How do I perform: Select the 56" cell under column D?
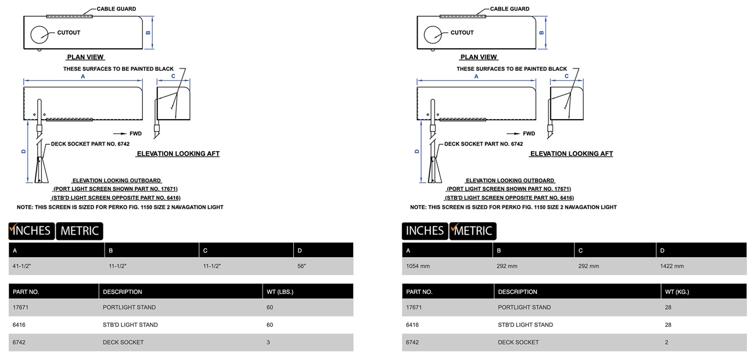tap(301, 266)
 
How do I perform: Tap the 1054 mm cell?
tap(418, 266)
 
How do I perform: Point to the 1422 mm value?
tap(672, 266)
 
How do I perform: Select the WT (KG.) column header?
tap(677, 291)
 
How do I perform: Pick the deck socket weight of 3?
tap(268, 343)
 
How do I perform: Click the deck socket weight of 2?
tap(667, 343)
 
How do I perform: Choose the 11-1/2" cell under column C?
tap(211, 266)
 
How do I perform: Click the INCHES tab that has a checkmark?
tap(31, 231)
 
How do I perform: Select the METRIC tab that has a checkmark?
tap(473, 231)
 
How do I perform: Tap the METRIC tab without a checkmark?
tap(80, 231)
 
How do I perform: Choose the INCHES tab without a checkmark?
tap(425, 231)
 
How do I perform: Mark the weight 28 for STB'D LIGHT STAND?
tap(668, 325)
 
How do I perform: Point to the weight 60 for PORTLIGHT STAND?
tap(270, 307)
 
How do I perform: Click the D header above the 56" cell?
tap(300, 251)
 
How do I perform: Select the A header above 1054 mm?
tap(408, 251)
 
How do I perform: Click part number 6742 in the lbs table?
tap(19, 343)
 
